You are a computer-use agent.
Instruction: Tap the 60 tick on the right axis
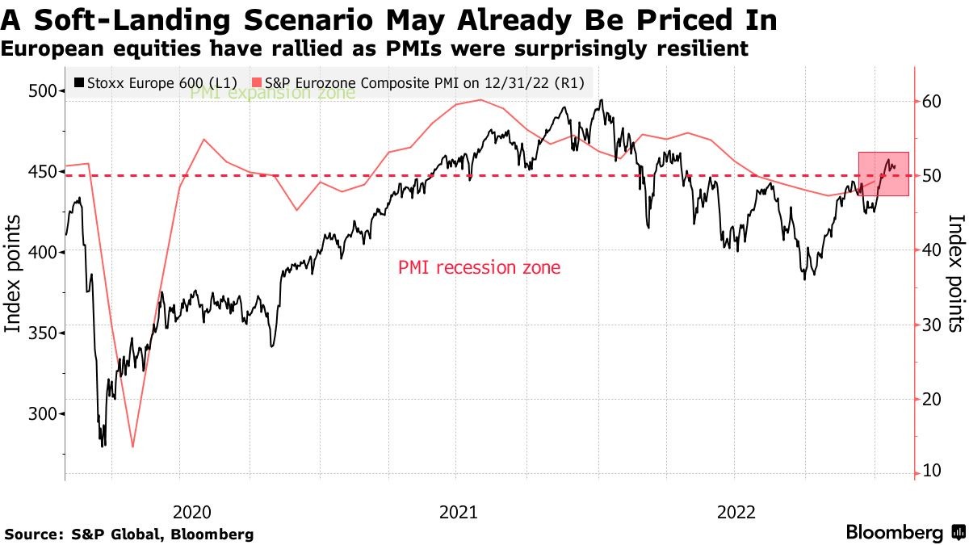tap(932, 101)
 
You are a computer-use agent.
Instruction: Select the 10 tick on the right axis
tap(932, 471)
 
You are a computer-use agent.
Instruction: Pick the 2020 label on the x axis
tap(191, 511)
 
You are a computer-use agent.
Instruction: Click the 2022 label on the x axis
tap(735, 511)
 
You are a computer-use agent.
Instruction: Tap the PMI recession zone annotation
tap(479, 267)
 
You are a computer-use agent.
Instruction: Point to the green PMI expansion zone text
tap(272, 94)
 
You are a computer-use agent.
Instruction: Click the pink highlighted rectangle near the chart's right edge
tap(883, 174)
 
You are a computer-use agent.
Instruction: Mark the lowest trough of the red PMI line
tap(132, 446)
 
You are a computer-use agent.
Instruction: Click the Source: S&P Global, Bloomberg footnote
tap(128, 534)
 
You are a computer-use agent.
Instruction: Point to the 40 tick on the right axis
tap(932, 249)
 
